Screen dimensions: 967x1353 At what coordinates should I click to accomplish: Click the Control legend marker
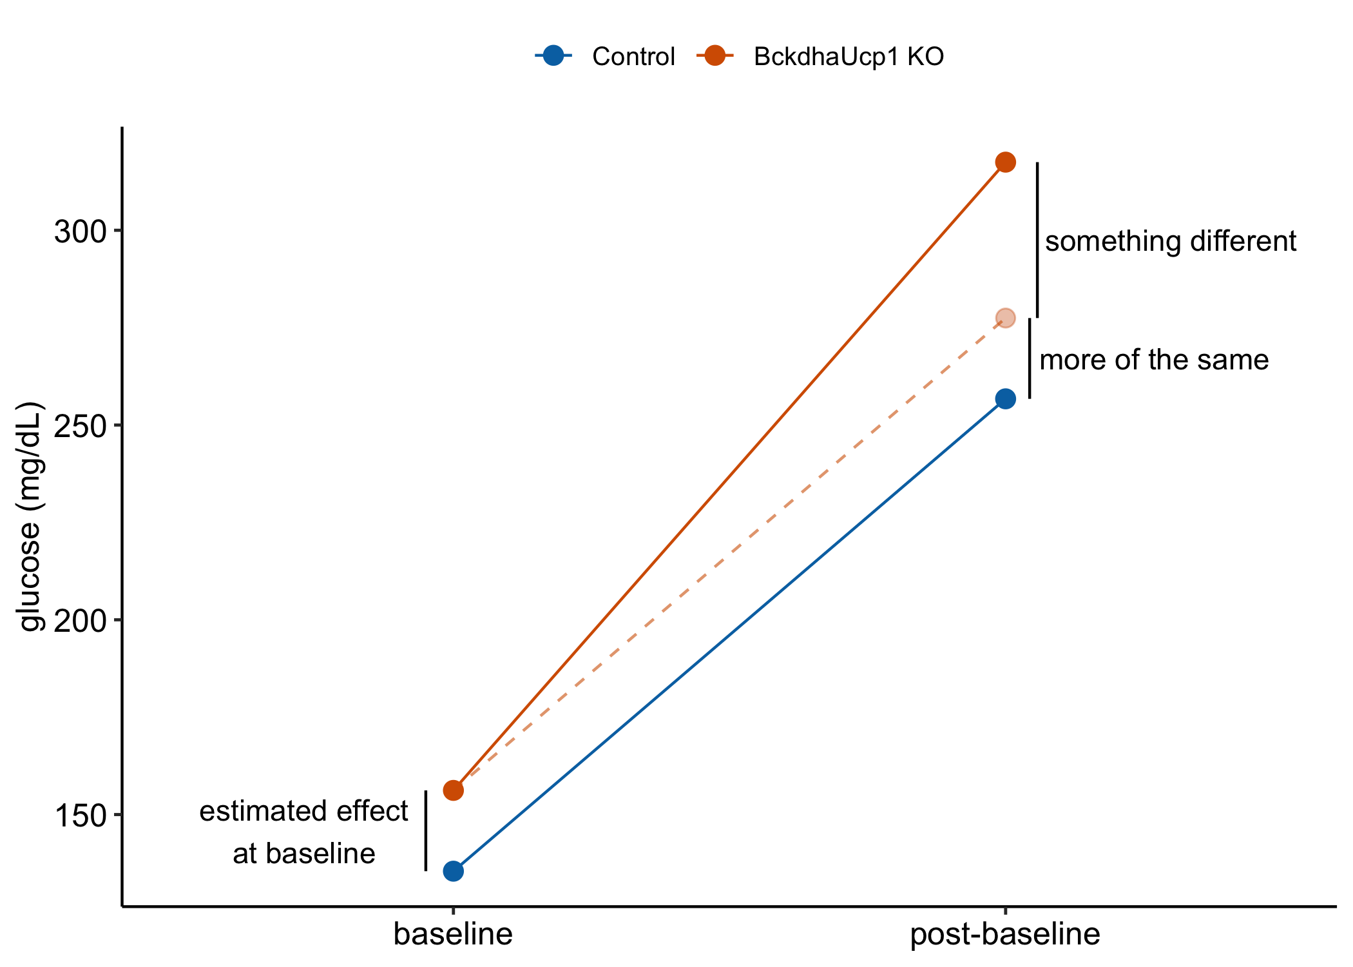(x=553, y=56)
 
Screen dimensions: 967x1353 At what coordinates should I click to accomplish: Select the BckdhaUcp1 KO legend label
(x=849, y=57)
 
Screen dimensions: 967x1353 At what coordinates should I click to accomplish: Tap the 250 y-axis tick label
(x=79, y=425)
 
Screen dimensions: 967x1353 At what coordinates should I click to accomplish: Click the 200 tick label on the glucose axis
(x=79, y=620)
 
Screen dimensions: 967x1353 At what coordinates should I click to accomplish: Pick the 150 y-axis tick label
(x=79, y=815)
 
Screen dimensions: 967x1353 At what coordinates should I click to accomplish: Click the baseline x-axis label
(x=453, y=934)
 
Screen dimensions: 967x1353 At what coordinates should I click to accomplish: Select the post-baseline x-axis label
(x=1004, y=934)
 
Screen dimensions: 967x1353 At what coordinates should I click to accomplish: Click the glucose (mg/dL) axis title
(x=31, y=516)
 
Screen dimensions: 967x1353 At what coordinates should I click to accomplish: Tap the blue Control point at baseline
(x=453, y=871)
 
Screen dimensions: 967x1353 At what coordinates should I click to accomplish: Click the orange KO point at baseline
(x=453, y=790)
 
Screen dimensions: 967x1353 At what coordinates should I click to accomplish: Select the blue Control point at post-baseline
(x=1005, y=398)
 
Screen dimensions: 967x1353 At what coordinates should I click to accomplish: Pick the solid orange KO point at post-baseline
(x=1005, y=162)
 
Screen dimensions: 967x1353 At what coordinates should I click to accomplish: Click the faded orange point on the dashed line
(x=1005, y=318)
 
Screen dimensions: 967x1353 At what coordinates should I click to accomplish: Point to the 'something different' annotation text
(x=1170, y=242)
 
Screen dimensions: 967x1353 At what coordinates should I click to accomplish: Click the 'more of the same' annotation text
(x=1153, y=360)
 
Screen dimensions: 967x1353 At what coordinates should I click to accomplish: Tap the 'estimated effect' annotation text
(x=303, y=811)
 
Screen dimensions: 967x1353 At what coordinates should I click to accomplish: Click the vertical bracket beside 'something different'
(x=1037, y=240)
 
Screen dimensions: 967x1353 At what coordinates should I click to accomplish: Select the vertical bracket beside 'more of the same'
(x=1029, y=358)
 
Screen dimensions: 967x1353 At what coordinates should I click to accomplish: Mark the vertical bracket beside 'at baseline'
(x=425, y=830)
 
